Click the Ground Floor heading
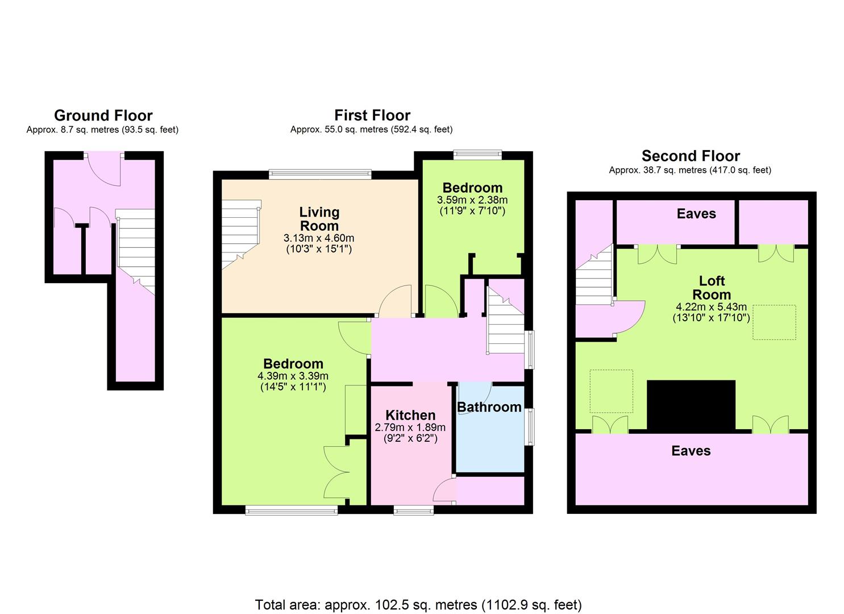coord(103,115)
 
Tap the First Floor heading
coord(372,115)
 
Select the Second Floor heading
coord(691,156)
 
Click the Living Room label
coord(319,219)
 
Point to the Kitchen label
coord(410,415)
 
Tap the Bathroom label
coord(489,407)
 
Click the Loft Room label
coord(712,287)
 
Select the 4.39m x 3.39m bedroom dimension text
coord(293,376)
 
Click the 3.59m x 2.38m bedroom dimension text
coord(472,200)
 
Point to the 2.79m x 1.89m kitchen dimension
coord(410,428)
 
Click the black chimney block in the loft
coord(691,405)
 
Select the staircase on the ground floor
coord(135,251)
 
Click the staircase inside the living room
coord(240,234)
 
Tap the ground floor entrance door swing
coord(104,169)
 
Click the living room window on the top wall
coord(321,174)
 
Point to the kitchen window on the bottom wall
coord(413,511)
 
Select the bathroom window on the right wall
coord(529,426)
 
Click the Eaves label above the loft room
coord(696,214)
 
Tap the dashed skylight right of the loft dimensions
coord(774,322)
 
